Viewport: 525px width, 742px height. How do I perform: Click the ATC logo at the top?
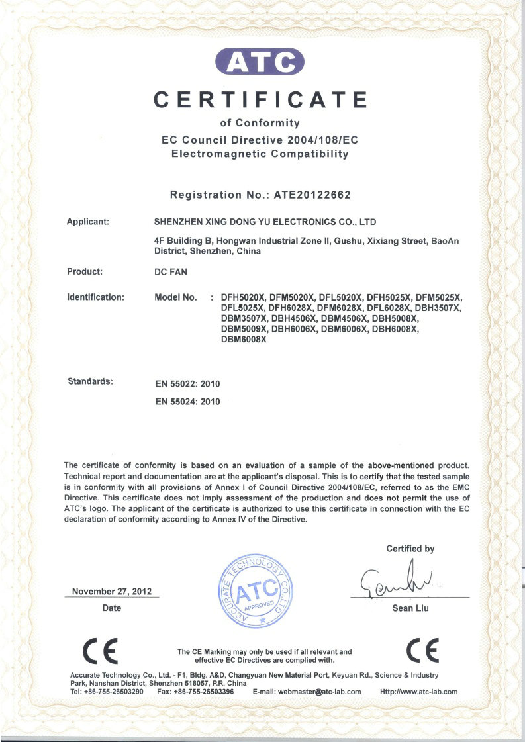[261, 62]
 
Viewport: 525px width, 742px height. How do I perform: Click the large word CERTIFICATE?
[261, 99]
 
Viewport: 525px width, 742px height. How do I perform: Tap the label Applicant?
[88, 222]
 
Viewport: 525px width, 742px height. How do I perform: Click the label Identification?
[95, 297]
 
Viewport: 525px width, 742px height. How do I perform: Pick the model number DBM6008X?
[243, 340]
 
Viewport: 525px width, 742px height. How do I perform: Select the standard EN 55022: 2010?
[187, 383]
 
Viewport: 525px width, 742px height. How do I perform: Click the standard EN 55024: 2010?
[187, 401]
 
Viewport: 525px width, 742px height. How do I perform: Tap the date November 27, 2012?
[111, 592]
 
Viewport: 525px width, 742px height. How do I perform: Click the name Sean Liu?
[411, 608]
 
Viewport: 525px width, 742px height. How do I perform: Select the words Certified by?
[410, 549]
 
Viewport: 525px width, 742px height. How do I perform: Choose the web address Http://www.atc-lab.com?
[419, 692]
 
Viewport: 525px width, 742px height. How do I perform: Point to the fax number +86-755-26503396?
[205, 692]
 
